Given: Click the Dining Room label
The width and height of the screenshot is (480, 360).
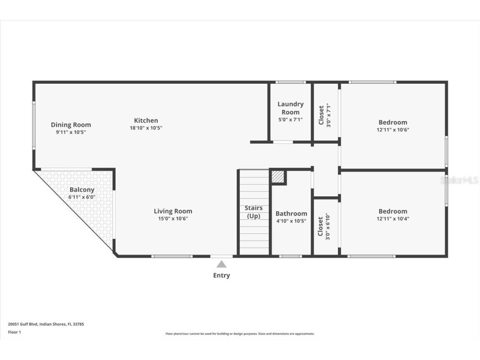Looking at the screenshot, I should [71, 125].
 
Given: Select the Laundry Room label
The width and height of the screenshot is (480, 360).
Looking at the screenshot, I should [290, 108].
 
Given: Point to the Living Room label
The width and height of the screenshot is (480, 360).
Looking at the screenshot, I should [173, 211].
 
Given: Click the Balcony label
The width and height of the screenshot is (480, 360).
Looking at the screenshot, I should [82, 190].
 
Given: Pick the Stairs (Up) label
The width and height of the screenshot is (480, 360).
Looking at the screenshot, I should [254, 212].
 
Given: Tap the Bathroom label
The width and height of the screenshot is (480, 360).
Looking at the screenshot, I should [291, 213].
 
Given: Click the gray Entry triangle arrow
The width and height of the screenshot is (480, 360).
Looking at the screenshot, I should [221, 264].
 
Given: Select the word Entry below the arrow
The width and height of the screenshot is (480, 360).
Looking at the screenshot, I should [221, 275].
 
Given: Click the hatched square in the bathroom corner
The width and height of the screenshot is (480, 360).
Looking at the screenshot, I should [278, 177].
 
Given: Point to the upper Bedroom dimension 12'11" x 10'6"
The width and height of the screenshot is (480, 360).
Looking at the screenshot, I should [392, 130].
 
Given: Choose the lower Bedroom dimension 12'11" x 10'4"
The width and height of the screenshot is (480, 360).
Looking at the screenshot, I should [392, 218].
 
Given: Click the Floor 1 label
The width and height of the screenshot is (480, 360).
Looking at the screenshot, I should [14, 332].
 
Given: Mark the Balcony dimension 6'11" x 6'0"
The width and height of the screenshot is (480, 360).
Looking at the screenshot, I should [82, 197].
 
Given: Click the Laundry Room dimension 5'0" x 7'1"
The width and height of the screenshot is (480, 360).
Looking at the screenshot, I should [290, 120].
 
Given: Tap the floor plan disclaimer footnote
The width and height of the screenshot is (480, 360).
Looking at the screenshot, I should [240, 334].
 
